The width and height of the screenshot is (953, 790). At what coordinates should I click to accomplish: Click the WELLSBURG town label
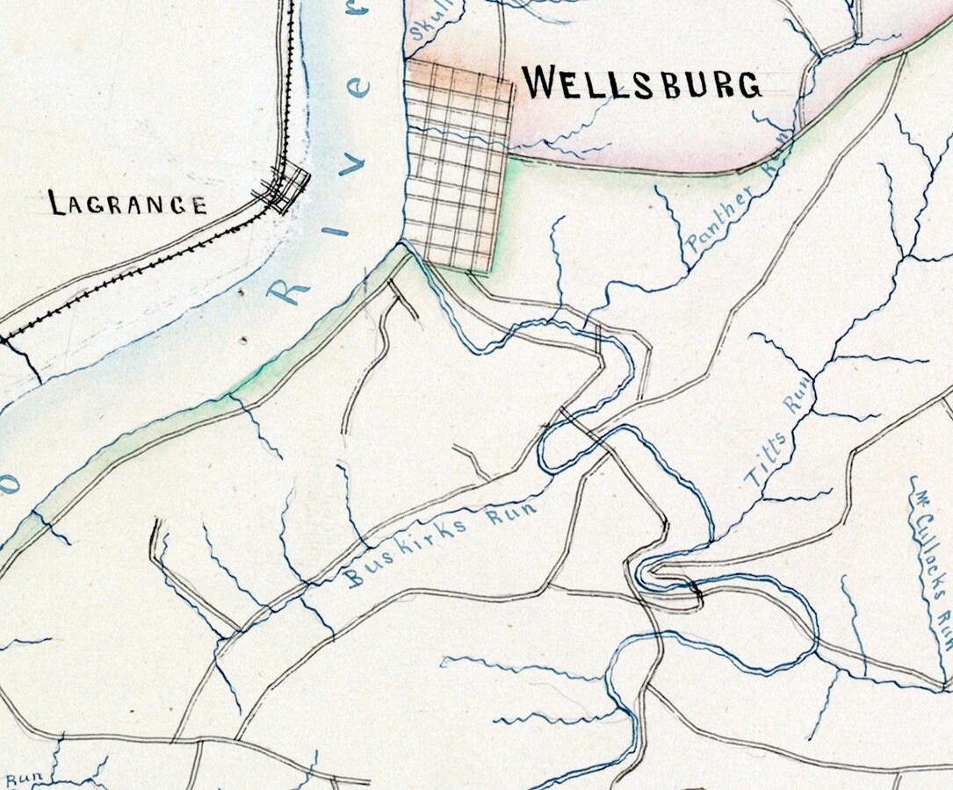[642, 83]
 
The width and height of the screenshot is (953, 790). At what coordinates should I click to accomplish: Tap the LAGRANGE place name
[128, 205]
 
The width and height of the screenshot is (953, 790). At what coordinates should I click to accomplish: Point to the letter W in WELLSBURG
[538, 83]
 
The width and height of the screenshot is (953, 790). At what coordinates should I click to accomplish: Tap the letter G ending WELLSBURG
[747, 84]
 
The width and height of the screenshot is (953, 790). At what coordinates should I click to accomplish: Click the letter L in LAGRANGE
[57, 204]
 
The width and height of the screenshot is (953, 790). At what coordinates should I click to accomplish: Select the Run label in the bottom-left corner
[19, 779]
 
